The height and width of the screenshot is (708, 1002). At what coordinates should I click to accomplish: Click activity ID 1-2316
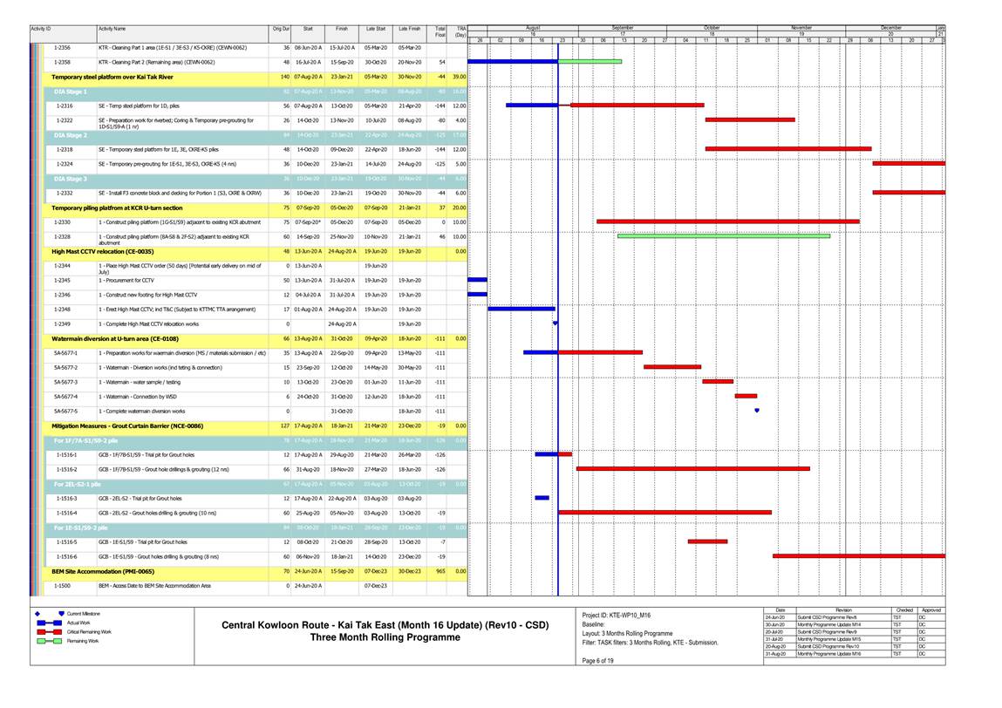click(x=64, y=106)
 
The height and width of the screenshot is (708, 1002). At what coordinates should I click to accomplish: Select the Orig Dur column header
click(x=281, y=30)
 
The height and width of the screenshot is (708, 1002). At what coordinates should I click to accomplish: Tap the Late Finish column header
click(x=409, y=30)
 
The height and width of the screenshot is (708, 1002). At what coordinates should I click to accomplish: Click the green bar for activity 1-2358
click(x=590, y=62)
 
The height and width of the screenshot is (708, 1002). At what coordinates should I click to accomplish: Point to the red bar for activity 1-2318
click(x=787, y=149)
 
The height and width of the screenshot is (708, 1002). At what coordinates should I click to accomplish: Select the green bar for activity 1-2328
click(x=723, y=235)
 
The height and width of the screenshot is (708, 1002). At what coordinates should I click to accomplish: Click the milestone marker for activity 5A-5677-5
click(x=756, y=410)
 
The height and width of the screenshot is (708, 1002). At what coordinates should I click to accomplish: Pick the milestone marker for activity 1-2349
click(x=555, y=323)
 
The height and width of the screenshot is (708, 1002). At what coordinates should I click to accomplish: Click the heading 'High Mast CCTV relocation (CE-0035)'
click(x=115, y=251)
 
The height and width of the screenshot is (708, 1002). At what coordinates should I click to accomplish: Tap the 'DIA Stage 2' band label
click(x=71, y=135)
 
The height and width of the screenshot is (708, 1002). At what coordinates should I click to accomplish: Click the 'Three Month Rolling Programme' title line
click(x=385, y=637)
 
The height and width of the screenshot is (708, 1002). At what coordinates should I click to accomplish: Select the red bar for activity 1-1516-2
click(x=692, y=468)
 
